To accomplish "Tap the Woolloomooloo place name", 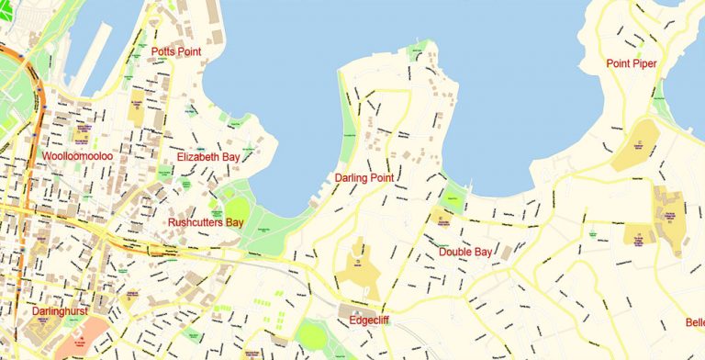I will click(77, 157).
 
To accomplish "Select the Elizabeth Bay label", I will click(208, 157).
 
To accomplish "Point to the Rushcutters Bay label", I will click(205, 222).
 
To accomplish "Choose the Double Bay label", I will click(467, 252).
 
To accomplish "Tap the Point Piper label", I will click(632, 62).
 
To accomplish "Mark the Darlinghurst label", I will click(59, 312).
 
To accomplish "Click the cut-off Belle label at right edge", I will click(694, 322).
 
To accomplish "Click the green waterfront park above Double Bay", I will click(453, 197).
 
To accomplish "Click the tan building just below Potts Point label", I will click(137, 107).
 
